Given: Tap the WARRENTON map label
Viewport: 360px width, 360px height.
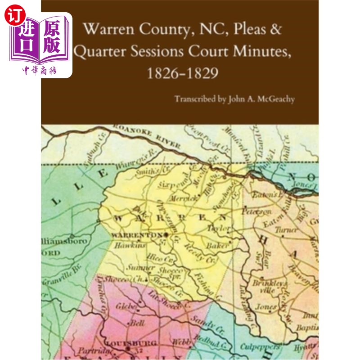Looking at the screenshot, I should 137,235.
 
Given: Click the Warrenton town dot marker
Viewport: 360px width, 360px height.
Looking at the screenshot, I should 166,235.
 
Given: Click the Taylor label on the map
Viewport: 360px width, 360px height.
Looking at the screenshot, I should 219,228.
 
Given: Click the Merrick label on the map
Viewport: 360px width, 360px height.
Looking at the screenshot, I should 181,198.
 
